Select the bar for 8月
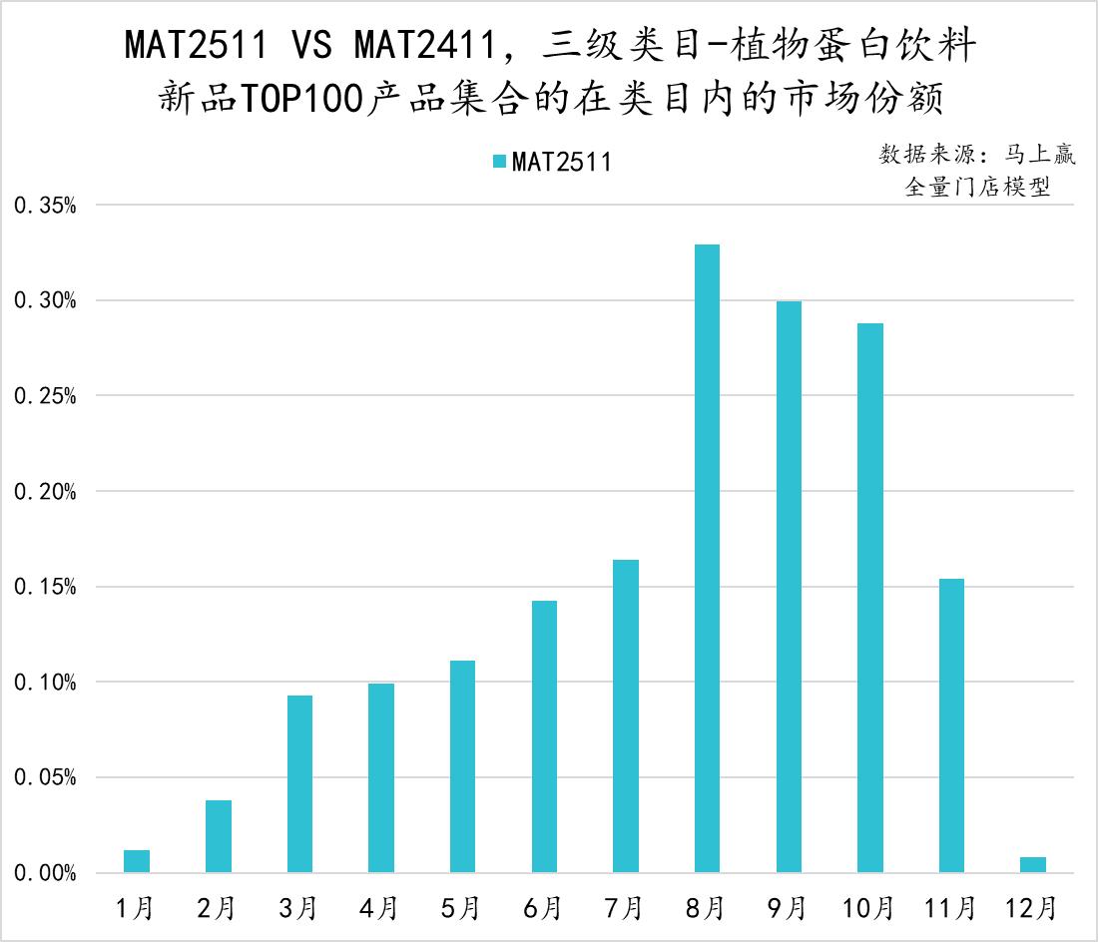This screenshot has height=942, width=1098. tap(707, 559)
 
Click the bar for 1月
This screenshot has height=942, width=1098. tap(137, 861)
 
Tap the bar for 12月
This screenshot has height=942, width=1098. tap(1033, 865)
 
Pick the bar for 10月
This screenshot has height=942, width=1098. tap(869, 598)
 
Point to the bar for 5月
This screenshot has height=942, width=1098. tap(462, 766)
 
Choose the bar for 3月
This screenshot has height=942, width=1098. tap(299, 783)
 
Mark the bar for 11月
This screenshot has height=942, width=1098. tap(951, 725)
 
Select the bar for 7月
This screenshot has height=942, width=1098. tap(626, 715)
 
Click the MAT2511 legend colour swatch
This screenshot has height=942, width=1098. tap(498, 163)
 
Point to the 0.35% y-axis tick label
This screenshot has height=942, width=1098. tap(44, 206)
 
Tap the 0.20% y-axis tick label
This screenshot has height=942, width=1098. tap(44, 492)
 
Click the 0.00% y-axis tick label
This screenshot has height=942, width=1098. tap(44, 873)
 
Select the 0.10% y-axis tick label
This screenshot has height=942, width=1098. tap(44, 683)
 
